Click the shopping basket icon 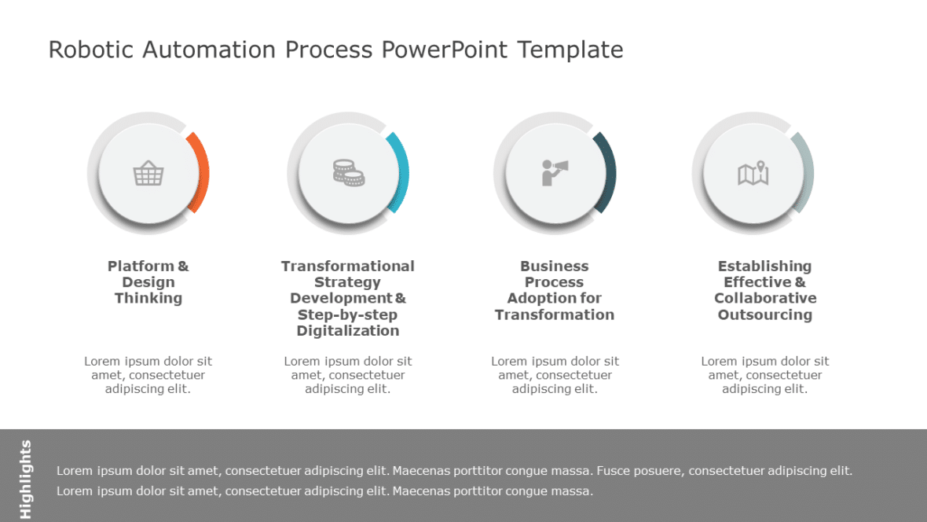[x=148, y=174]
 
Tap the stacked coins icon [x=348, y=173]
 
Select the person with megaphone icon [x=555, y=172]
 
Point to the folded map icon [x=753, y=174]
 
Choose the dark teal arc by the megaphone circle [x=607, y=173]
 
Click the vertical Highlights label [x=25, y=479]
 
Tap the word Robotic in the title [x=91, y=50]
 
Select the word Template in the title [x=570, y=50]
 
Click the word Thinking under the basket [x=148, y=299]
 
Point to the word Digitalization [x=348, y=331]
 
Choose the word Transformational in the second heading [x=348, y=267]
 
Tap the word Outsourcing [x=765, y=315]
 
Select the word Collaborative [x=765, y=299]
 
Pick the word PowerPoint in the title [x=445, y=50]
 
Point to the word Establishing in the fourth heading [x=765, y=267]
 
